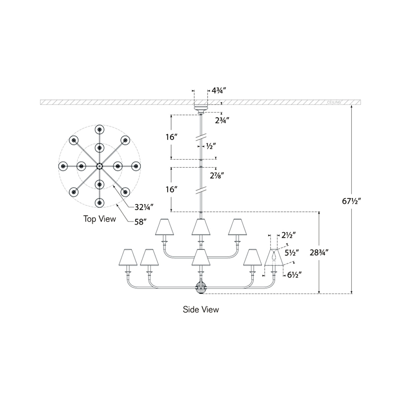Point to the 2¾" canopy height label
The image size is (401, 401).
[222, 120]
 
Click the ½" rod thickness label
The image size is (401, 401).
[211, 146]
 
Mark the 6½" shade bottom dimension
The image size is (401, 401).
[295, 275]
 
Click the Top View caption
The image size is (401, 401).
[100, 219]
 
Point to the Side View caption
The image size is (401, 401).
[201, 309]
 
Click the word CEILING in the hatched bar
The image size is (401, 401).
[334, 102]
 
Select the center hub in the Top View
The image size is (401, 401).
[99, 166]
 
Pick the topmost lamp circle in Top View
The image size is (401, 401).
[99, 129]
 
